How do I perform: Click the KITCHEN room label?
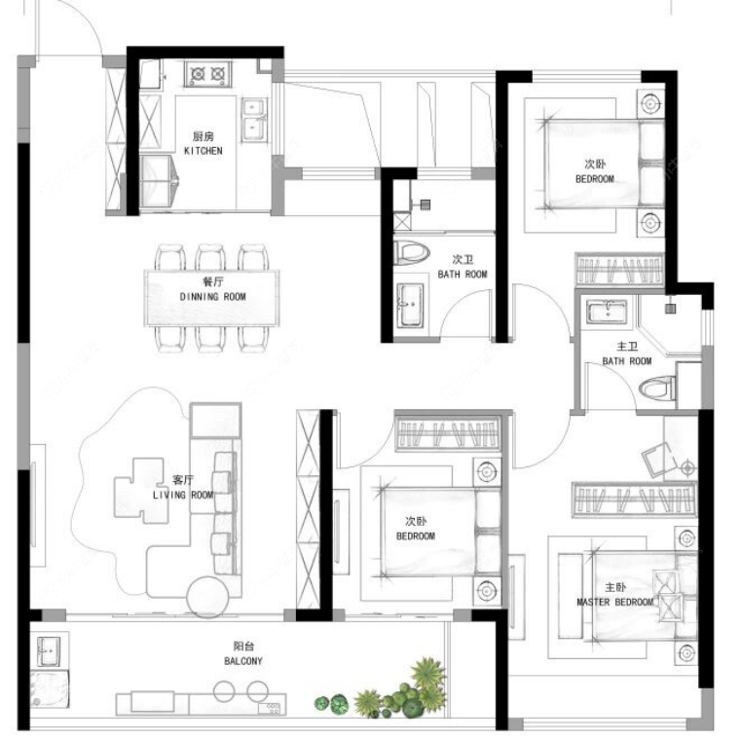tap(204, 151)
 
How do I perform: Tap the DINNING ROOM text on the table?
tap(212, 297)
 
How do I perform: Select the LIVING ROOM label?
tap(183, 495)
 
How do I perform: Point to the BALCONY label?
tap(243, 660)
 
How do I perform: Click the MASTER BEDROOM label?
tap(615, 602)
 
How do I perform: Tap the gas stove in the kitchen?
tap(208, 74)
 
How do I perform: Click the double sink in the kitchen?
tap(254, 120)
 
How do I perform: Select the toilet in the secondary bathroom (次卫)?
tap(412, 252)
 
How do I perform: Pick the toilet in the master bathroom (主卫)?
tap(657, 389)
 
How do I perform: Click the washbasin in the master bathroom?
tap(607, 311)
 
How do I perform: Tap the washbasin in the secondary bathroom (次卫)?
tap(411, 305)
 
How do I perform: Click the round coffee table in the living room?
tap(207, 597)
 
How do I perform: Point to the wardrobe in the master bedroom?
tap(634, 500)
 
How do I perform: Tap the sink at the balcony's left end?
tap(49, 650)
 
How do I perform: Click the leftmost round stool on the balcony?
tap(224, 691)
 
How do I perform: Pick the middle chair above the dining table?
tap(210, 257)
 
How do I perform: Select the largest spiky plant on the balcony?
tap(428, 673)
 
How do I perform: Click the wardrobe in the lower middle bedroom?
tap(449, 432)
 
